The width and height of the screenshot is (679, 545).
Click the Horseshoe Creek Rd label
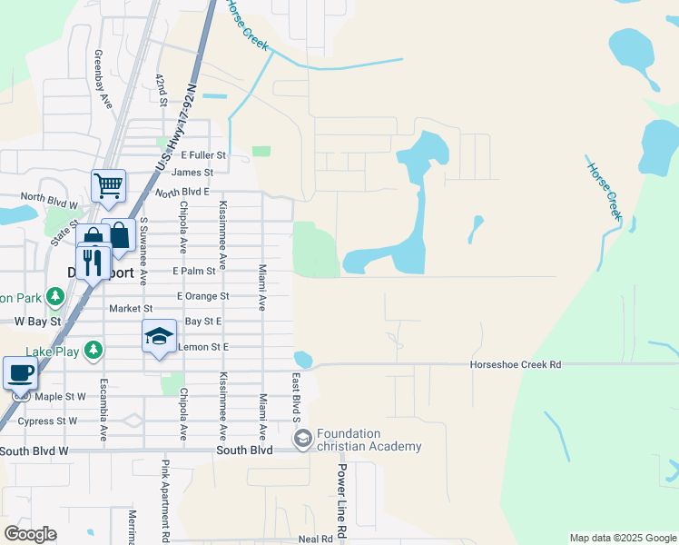tap(516, 364)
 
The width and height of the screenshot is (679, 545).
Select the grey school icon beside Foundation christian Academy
tap(302, 440)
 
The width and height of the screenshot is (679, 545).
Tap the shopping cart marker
tap(108, 186)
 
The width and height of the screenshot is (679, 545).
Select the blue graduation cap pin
tap(159, 337)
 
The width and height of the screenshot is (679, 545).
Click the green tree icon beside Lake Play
tap(93, 350)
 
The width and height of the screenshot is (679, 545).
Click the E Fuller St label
tap(202, 156)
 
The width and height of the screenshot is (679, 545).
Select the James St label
tap(192, 173)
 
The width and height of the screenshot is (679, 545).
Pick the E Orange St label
tap(203, 296)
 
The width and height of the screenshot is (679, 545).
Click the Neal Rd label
tap(315, 539)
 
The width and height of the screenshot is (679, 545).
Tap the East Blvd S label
tap(296, 396)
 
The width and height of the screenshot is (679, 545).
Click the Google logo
tap(30, 534)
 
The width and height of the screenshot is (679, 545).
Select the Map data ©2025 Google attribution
tap(622, 538)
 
